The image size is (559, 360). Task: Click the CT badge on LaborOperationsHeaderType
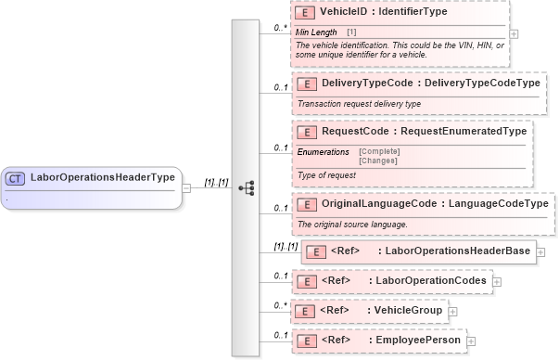pos(15,177)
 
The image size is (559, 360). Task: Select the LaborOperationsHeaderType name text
pos(103,177)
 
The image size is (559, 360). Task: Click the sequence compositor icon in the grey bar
pos(247,186)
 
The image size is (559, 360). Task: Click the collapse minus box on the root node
pos(186,186)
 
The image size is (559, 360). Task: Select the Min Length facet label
pos(317,32)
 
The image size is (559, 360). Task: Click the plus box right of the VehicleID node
pos(515,33)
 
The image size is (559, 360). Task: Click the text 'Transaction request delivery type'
pos(360,103)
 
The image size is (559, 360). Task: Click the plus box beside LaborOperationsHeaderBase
pos(540,251)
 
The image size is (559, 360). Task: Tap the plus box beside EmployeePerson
pos(471,341)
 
